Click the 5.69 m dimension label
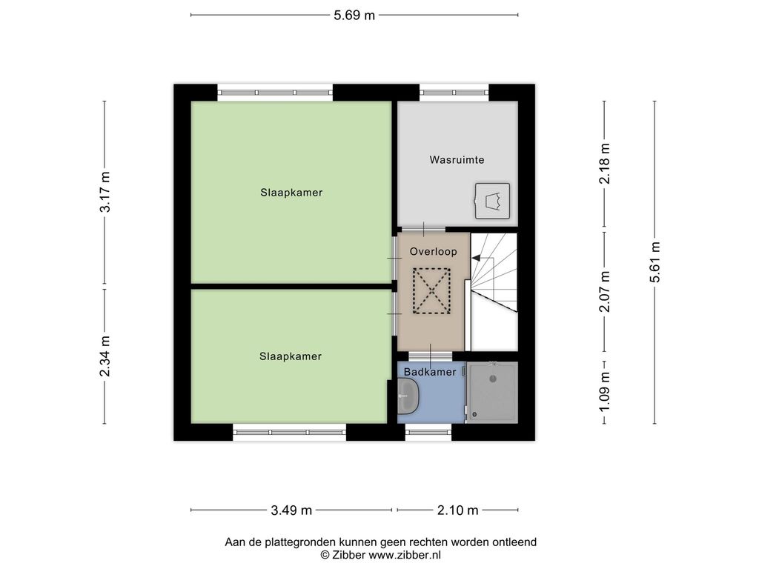(x=354, y=16)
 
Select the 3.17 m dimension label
(x=105, y=192)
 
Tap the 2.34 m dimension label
(x=105, y=356)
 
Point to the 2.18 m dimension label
(x=605, y=164)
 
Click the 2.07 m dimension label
(x=605, y=291)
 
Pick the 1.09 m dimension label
(x=605, y=392)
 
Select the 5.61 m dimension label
(x=655, y=262)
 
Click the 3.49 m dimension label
(x=291, y=510)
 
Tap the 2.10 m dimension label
(x=458, y=510)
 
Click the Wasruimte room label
(x=457, y=160)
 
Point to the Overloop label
(x=433, y=252)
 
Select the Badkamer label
(x=430, y=372)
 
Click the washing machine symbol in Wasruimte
(x=492, y=201)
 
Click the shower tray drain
(x=493, y=379)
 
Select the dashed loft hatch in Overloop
(x=431, y=290)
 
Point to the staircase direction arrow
(x=477, y=258)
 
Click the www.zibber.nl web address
(x=405, y=555)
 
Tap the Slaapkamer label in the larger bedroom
(x=291, y=193)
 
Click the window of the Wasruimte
(x=454, y=93)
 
